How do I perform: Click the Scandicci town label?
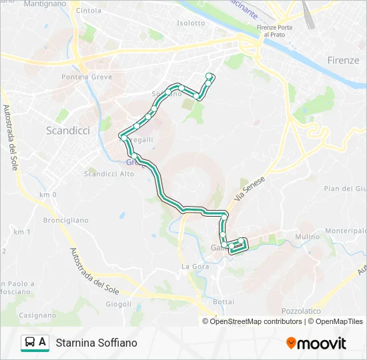67,131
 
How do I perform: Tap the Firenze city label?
343,60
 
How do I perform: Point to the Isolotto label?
191,23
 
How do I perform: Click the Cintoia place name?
89,11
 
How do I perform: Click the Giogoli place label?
118,304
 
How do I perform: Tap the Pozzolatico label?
301,311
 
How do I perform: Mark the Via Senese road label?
250,189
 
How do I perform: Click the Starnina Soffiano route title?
97,343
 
